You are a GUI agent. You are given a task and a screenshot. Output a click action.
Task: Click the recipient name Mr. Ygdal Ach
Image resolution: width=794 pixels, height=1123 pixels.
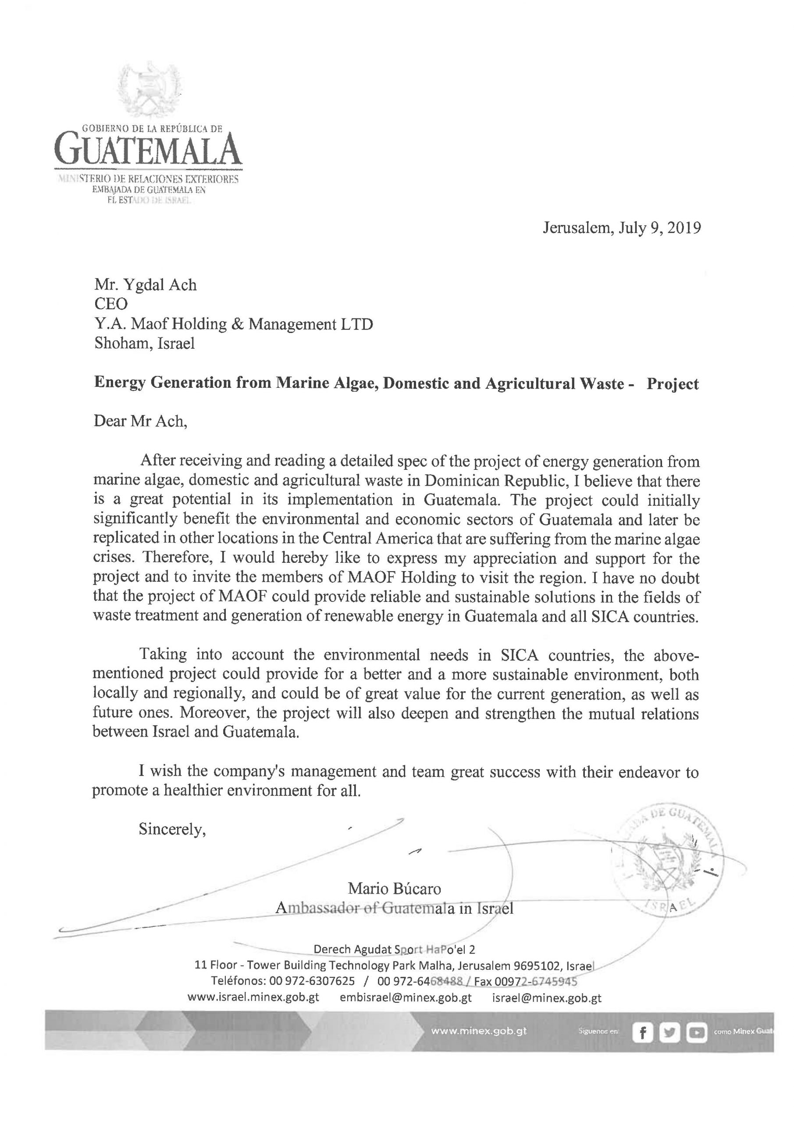pyautogui.click(x=145, y=285)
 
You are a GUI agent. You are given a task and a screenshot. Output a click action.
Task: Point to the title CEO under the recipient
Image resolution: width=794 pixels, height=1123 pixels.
pyautogui.click(x=110, y=304)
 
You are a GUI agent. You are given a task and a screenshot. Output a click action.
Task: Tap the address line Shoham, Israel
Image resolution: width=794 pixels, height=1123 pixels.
pyautogui.click(x=144, y=343)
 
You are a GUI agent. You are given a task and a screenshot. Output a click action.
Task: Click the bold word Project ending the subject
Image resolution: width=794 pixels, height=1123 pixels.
pyautogui.click(x=672, y=384)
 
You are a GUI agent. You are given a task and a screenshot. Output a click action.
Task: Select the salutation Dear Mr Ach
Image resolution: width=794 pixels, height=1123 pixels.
pyautogui.click(x=140, y=422)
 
